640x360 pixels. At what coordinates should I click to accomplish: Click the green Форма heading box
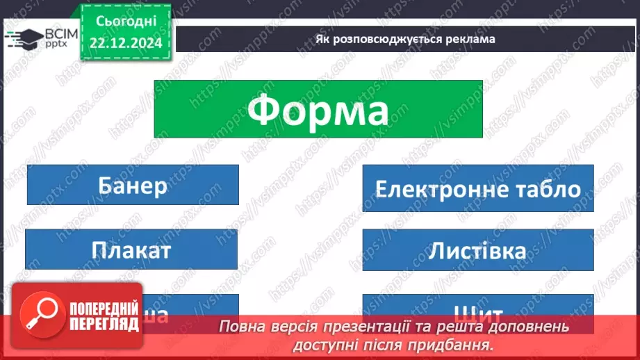pos(318,108)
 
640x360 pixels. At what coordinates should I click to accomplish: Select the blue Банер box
pos(132,186)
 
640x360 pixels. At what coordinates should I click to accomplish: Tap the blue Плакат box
pos(131,249)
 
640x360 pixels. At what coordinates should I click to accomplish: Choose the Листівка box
pos(477,250)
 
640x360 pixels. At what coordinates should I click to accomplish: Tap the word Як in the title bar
pos(323,40)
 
